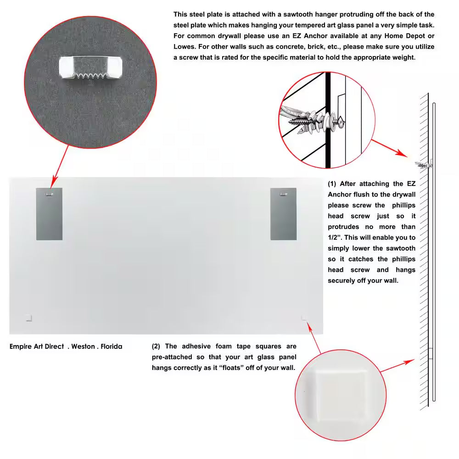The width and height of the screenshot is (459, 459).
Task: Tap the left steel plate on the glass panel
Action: click(x=49, y=214)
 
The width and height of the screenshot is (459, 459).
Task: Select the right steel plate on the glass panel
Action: click(x=283, y=214)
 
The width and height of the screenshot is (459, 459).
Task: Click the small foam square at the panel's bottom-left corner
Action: click(x=28, y=317)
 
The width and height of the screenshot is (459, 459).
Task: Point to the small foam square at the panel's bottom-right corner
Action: click(x=304, y=317)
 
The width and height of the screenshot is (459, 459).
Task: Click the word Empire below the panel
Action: click(x=21, y=347)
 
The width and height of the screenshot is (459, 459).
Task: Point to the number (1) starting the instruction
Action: click(x=332, y=184)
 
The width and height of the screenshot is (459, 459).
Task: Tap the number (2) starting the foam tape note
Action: click(x=157, y=347)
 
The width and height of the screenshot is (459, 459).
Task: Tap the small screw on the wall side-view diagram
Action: click(x=423, y=164)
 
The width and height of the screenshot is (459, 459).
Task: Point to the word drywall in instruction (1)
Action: click(x=401, y=195)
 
